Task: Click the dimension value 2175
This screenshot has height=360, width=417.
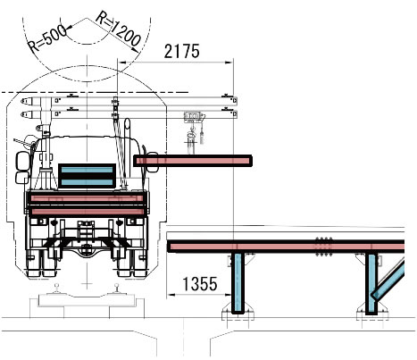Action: [x=181, y=51]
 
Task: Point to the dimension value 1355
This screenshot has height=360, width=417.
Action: [x=200, y=284]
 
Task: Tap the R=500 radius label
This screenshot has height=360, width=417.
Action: [x=47, y=39]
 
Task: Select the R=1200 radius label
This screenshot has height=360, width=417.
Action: [x=118, y=29]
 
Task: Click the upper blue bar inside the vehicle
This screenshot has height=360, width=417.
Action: [x=87, y=170]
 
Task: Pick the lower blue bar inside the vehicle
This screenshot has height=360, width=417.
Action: [x=87, y=182]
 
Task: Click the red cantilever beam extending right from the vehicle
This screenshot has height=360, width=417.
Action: [x=193, y=161]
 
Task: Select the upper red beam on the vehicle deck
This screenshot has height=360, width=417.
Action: [x=87, y=198]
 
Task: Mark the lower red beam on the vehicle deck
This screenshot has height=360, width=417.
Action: [x=87, y=212]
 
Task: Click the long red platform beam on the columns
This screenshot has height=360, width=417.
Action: [x=286, y=247]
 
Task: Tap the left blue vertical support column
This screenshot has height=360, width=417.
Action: [x=238, y=283]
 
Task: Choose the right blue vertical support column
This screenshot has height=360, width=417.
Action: [x=371, y=283]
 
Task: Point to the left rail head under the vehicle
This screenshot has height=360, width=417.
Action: [x=57, y=287]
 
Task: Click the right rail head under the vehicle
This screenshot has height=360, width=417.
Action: [x=117, y=287]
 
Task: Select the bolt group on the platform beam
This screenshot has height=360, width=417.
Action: [x=324, y=247]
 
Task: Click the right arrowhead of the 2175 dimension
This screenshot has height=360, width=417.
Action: [x=229, y=63]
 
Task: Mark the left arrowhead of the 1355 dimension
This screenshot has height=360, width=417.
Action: [x=171, y=295]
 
